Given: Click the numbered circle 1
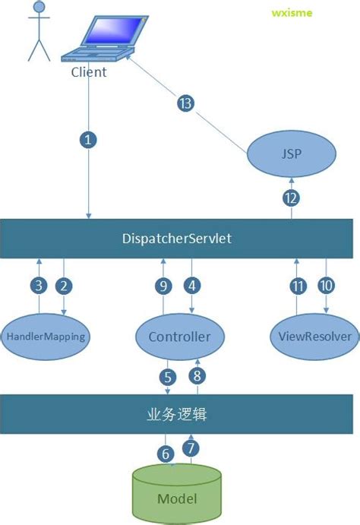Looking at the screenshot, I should (x=89, y=141).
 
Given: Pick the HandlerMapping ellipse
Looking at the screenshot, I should (x=46, y=335).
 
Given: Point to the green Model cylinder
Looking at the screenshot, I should (x=177, y=495).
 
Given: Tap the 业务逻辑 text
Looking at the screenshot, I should (x=177, y=416).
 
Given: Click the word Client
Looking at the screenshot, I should (x=89, y=72).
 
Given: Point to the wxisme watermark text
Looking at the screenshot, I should (x=291, y=13).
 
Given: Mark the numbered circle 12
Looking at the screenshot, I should (x=292, y=198).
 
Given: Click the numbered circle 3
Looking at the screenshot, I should (x=39, y=286).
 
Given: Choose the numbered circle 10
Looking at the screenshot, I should (x=327, y=286).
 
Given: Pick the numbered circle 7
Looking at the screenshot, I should (x=192, y=448).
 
